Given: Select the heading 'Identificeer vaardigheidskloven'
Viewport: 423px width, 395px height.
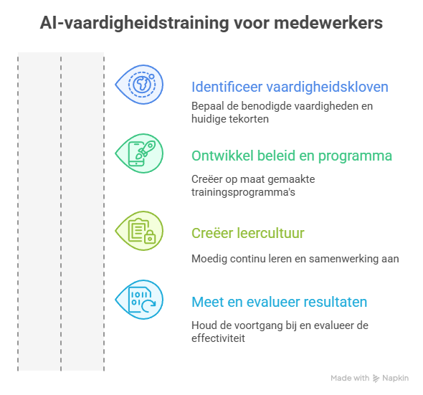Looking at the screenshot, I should pos(290,87).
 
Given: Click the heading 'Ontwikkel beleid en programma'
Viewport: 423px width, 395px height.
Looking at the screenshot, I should pos(291,156).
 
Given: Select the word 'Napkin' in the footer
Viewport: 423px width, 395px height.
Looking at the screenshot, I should pos(396,378).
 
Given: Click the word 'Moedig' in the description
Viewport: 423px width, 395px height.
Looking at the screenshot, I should pos(206,259).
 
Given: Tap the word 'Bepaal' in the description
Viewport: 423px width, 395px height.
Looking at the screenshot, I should pos(206,106).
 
